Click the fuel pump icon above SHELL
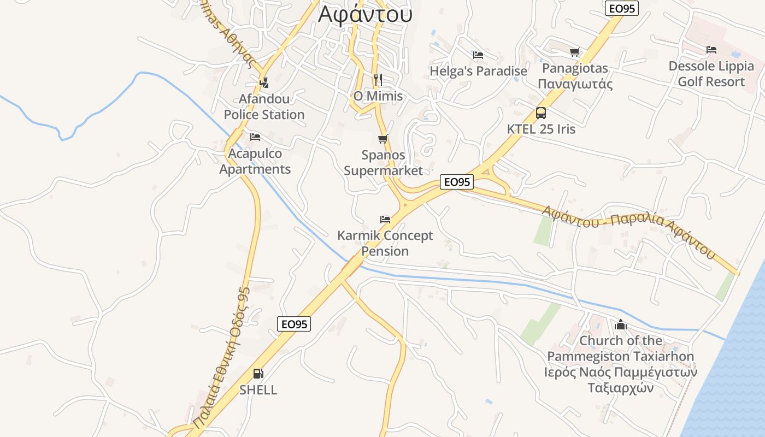(258, 374)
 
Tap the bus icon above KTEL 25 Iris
(541, 113)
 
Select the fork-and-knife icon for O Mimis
(378, 80)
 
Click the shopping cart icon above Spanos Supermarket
(383, 139)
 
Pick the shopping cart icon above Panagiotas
(574, 52)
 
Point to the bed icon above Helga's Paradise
(478, 55)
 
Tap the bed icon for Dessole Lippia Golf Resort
(711, 50)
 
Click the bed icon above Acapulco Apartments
(255, 137)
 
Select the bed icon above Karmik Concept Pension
(385, 220)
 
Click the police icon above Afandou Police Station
(264, 82)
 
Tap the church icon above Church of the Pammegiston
(620, 325)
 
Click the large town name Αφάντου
(365, 14)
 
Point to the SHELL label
(258, 390)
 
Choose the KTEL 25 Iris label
(541, 129)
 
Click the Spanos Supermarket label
(383, 163)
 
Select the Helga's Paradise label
(478, 72)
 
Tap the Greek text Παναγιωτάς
(575, 84)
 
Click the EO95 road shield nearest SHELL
(294, 324)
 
